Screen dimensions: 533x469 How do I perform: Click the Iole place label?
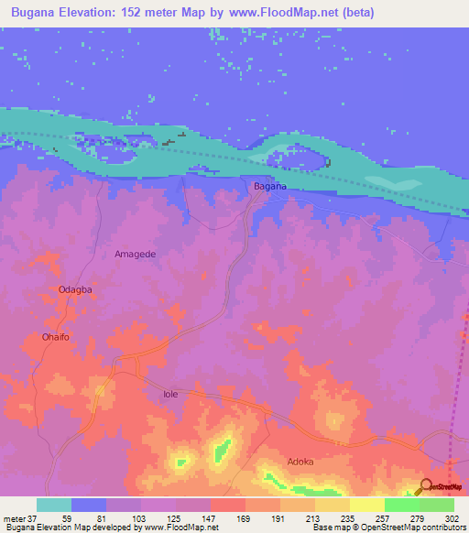(x=169, y=394)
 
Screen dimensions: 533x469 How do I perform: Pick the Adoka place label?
(x=300, y=462)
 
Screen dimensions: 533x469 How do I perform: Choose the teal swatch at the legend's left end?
(x=54, y=505)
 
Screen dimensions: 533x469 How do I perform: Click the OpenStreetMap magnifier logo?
(x=426, y=486)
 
